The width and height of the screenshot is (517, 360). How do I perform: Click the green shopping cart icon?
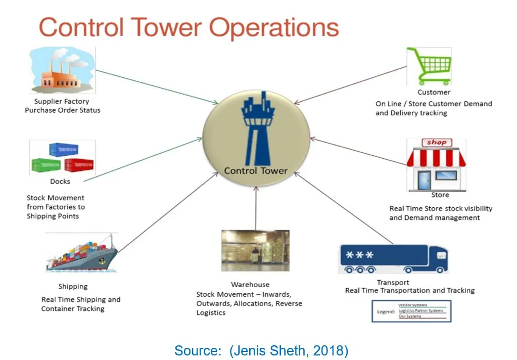[x=430, y=66]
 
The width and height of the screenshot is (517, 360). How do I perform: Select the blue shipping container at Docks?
[x=63, y=150]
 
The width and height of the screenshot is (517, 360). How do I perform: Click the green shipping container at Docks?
[x=46, y=165]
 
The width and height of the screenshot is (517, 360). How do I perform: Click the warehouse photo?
[x=255, y=251]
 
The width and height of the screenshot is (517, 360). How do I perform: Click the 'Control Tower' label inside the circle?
[x=256, y=170]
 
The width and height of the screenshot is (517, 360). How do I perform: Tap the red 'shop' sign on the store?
[x=436, y=143]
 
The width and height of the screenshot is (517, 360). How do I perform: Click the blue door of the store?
[x=424, y=180]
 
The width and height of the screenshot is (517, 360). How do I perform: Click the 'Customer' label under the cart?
[x=434, y=92]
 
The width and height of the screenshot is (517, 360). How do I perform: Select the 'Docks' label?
[x=60, y=181]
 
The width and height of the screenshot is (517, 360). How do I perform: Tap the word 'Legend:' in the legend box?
[x=386, y=311]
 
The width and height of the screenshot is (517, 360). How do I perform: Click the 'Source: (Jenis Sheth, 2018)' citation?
[x=261, y=350]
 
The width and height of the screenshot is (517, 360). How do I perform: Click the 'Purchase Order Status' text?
[x=63, y=110]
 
